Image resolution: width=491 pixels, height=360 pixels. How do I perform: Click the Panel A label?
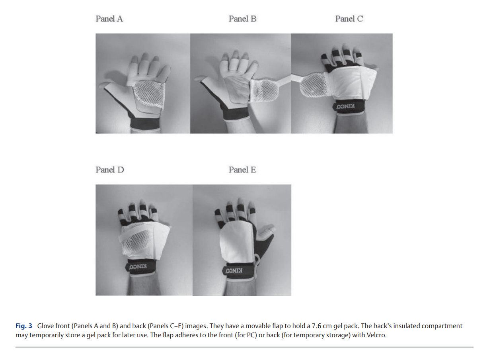[109, 19]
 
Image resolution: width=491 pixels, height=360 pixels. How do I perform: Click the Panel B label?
[242, 19]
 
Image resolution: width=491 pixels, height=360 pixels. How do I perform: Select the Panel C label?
[349, 19]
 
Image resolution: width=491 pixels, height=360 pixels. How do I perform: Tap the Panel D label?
[110, 170]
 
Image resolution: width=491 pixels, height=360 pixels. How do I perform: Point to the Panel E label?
[242, 170]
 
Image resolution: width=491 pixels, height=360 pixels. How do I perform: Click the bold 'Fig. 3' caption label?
[23, 326]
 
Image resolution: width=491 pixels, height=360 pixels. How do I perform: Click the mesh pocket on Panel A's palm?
[149, 94]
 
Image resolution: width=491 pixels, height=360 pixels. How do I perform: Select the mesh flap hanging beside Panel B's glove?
[264, 91]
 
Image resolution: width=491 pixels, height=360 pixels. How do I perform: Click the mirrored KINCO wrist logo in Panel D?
[138, 267]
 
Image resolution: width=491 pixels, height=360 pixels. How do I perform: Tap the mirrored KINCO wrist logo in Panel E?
[234, 270]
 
